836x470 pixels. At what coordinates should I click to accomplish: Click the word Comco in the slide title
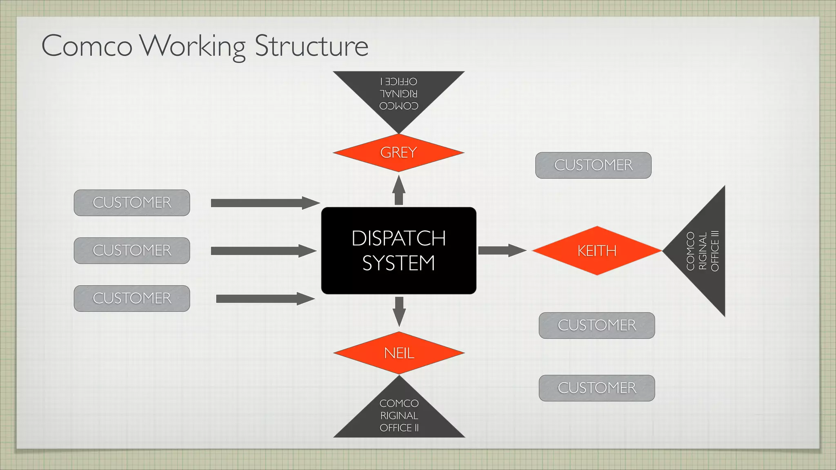(87, 46)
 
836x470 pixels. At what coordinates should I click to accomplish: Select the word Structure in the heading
(311, 46)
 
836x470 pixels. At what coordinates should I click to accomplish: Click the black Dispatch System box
(398, 251)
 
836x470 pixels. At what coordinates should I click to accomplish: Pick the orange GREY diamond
(398, 153)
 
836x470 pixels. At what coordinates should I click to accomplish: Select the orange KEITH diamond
(597, 251)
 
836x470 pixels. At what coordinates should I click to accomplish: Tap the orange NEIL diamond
(399, 353)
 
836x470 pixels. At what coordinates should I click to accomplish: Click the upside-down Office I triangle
(398, 96)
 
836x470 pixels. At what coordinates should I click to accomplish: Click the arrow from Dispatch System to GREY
(399, 191)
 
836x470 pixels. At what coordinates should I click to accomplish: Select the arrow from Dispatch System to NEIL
(399, 311)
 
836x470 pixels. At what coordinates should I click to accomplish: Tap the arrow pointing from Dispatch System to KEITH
(501, 250)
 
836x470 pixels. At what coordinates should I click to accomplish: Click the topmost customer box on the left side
(132, 203)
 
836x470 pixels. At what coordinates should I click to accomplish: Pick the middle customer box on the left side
(132, 251)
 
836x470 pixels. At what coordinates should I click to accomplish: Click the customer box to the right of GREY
(593, 165)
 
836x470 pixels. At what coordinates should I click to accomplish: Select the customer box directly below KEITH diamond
(597, 326)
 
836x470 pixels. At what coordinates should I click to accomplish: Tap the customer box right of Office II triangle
(597, 388)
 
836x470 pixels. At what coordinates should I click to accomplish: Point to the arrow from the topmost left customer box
(265, 203)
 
